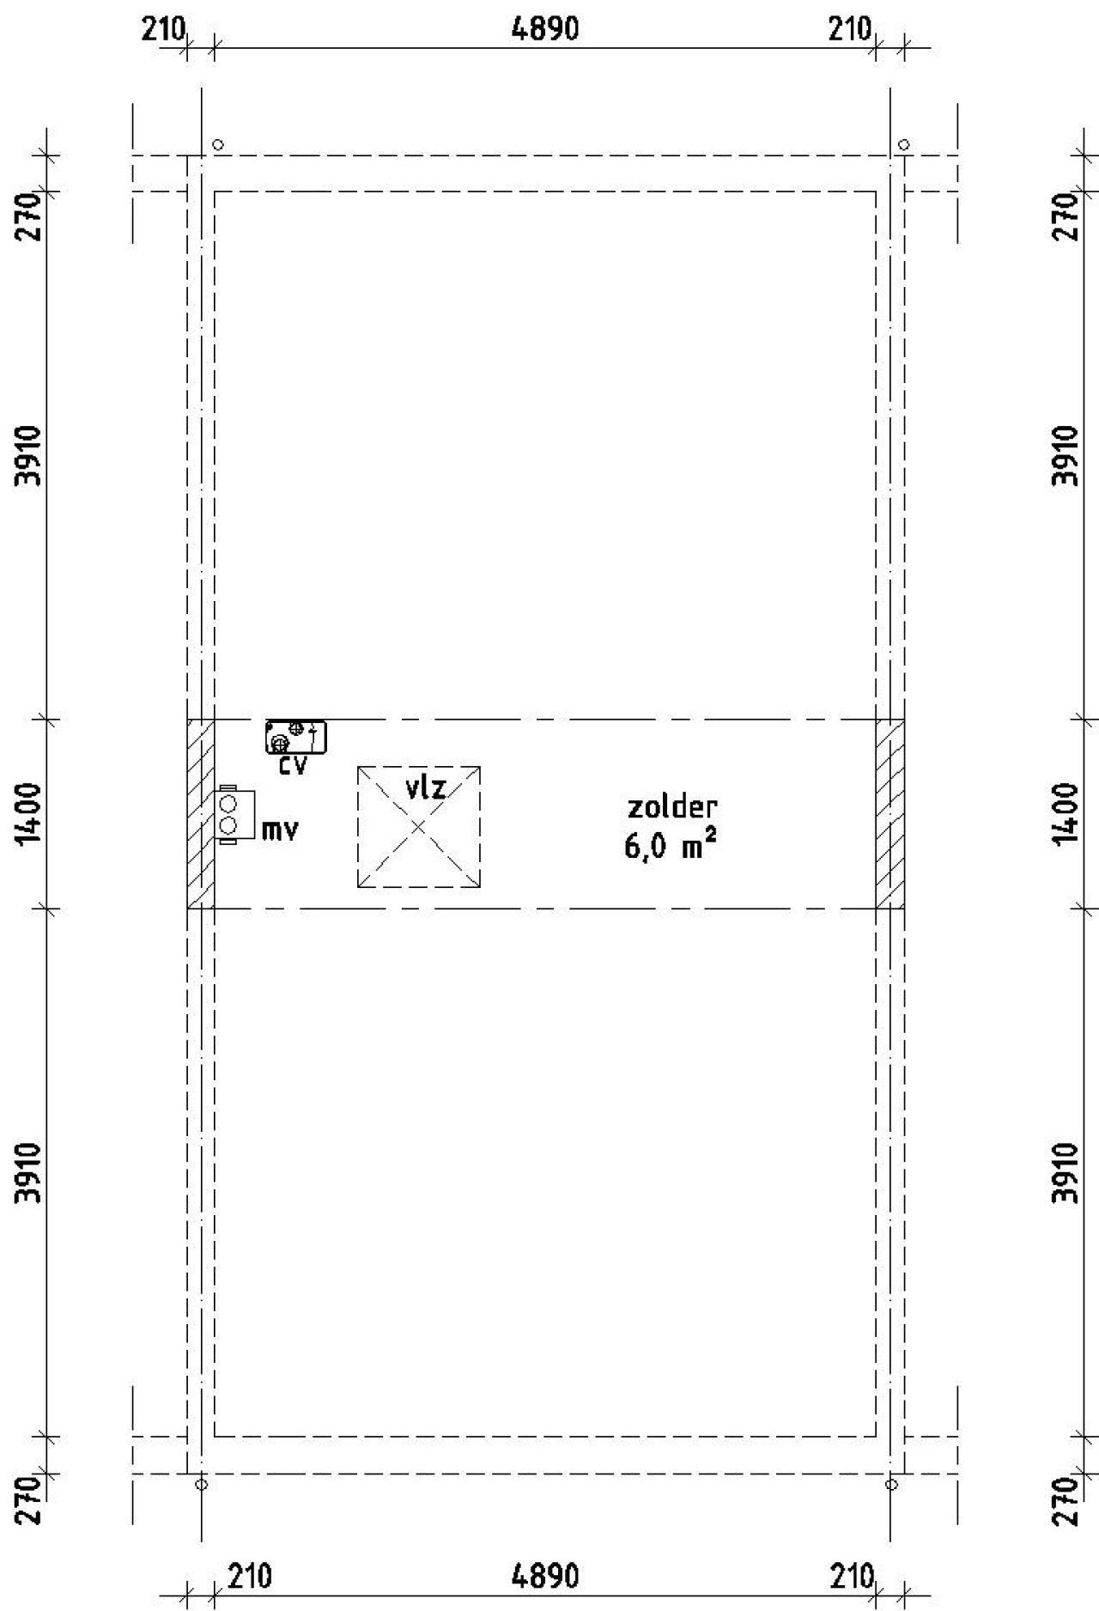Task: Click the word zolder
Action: click(x=672, y=807)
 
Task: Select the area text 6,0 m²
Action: click(x=671, y=848)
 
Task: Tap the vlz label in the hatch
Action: click(x=426, y=787)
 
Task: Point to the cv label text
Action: click(x=293, y=766)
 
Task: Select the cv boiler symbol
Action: click(x=296, y=737)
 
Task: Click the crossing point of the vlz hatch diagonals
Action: click(x=419, y=827)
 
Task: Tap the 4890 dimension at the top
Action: click(x=544, y=29)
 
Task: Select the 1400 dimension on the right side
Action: click(x=1065, y=812)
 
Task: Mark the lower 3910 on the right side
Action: click(x=1065, y=1172)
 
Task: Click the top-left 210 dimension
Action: click(x=163, y=31)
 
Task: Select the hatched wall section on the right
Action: click(x=890, y=813)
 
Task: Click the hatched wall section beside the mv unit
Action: click(x=201, y=813)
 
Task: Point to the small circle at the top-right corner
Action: click(x=903, y=144)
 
